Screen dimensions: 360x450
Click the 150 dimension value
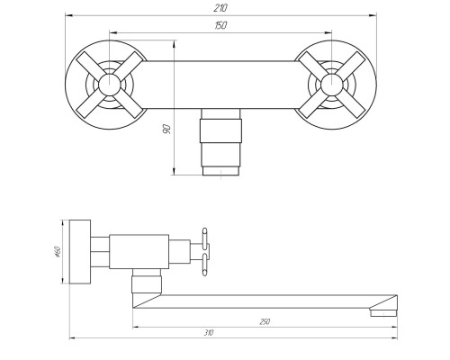click(221, 26)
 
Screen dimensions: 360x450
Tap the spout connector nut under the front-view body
click(220, 142)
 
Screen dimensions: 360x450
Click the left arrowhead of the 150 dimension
click(111, 32)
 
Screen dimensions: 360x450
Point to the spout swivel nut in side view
click(144, 288)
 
